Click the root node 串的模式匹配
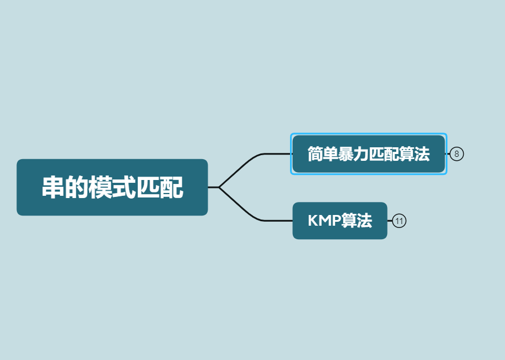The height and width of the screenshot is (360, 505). [112, 187]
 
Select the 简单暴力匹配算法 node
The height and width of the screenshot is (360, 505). [368, 154]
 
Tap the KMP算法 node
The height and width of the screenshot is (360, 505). [340, 221]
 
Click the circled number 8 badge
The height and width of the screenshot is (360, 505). [456, 154]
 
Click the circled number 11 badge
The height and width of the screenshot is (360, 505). [399, 221]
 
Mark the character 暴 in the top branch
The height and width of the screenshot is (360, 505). [346, 154]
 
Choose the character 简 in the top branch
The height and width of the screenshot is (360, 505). [315, 154]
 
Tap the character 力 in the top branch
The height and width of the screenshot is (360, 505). [361, 154]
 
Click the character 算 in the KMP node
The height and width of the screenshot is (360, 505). [348, 221]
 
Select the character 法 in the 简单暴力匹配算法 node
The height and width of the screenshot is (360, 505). [422, 154]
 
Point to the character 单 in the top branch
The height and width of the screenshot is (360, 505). [330, 154]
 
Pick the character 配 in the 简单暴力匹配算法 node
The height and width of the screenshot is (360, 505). [392, 154]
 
